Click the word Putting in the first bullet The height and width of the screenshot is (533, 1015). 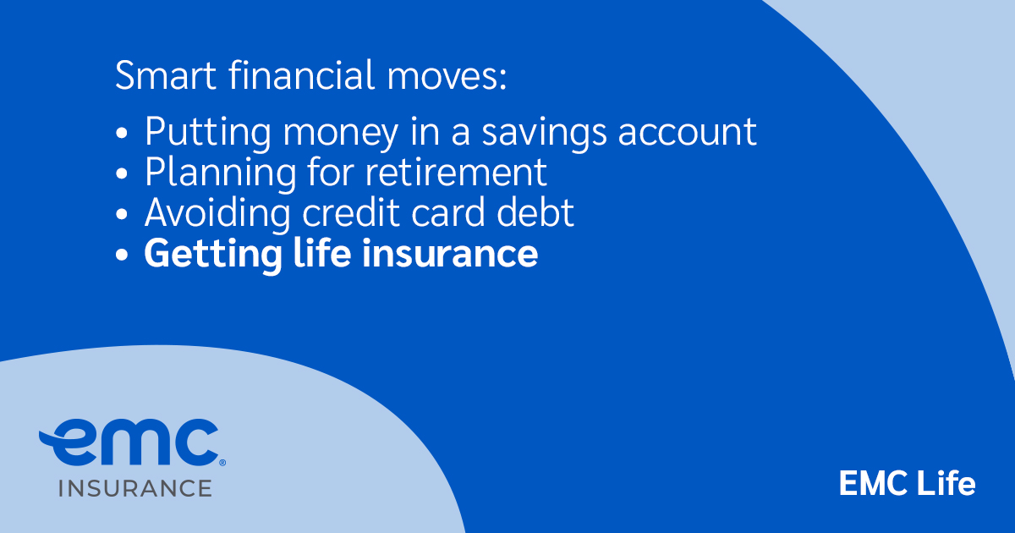pyautogui.click(x=198, y=132)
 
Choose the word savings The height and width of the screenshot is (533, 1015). pyautogui.click(x=526, y=134)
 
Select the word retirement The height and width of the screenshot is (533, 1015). pyautogui.click(x=457, y=173)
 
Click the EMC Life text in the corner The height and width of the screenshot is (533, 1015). pyautogui.click(x=907, y=484)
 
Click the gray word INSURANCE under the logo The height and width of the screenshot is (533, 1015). pyautogui.click(x=134, y=488)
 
